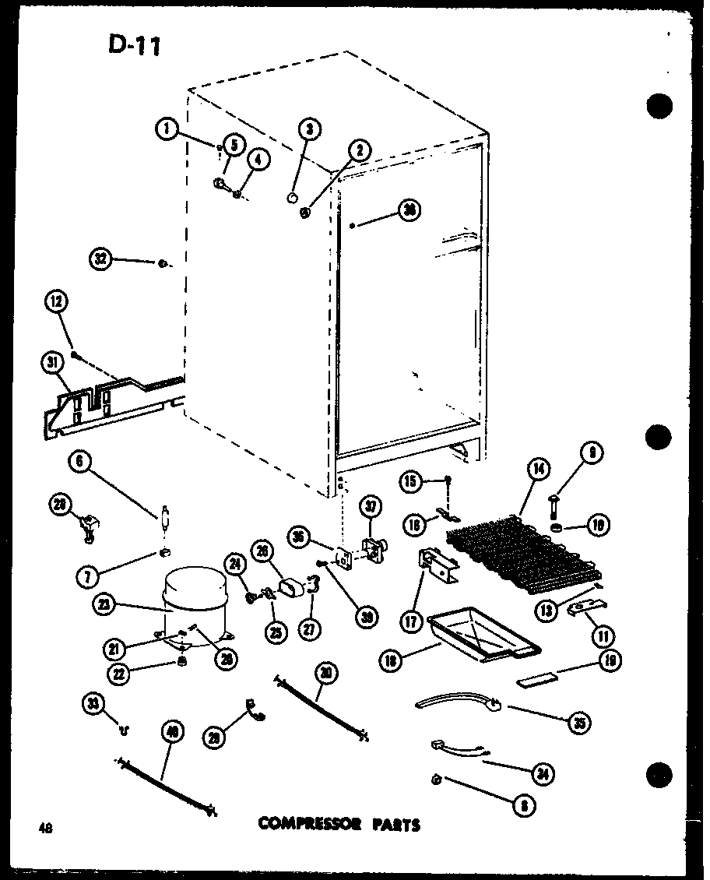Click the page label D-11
click(134, 44)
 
